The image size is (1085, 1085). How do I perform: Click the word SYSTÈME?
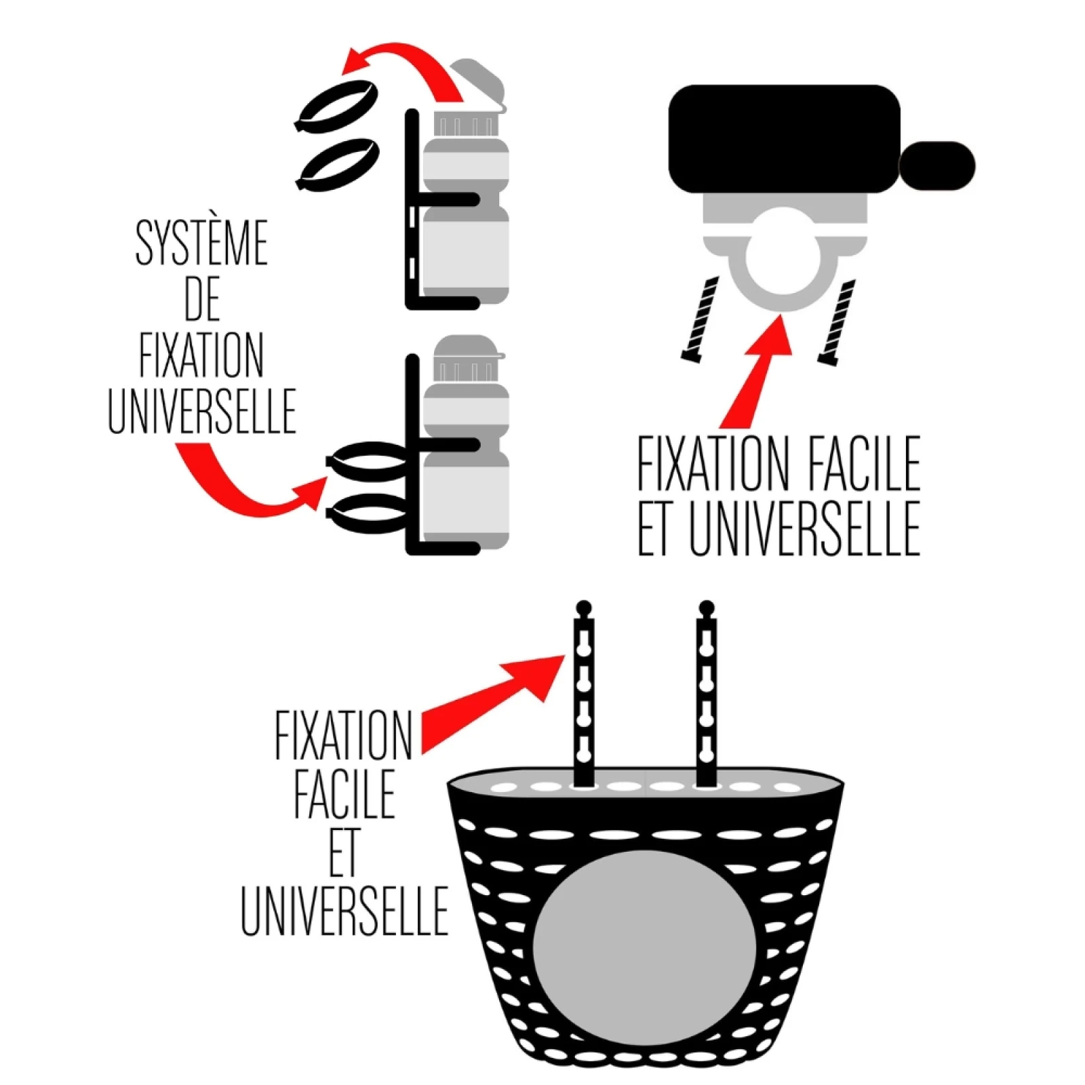point(202,243)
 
